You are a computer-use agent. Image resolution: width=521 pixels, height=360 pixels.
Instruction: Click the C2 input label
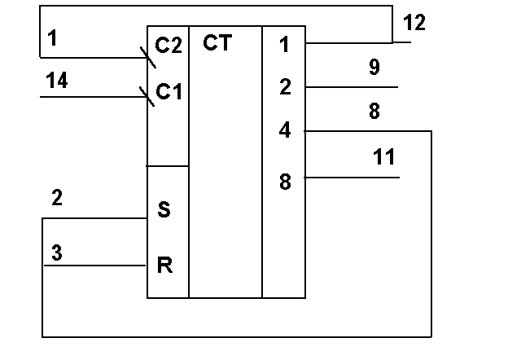click(x=169, y=46)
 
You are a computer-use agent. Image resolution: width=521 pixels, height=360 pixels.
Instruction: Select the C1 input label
click(x=169, y=91)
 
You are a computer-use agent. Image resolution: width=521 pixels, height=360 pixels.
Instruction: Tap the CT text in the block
click(x=217, y=42)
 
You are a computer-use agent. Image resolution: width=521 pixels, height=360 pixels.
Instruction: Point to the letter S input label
click(x=164, y=209)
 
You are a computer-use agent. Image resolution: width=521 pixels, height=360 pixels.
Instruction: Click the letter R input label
click(x=164, y=266)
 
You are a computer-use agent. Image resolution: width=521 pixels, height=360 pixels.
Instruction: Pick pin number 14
click(x=57, y=80)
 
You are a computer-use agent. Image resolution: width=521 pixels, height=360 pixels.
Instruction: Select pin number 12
click(x=414, y=23)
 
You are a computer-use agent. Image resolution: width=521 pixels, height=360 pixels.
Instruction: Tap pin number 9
click(x=374, y=67)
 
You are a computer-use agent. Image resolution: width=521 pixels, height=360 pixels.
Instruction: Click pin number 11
click(x=384, y=156)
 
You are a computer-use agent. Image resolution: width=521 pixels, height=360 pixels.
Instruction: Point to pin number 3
click(x=57, y=252)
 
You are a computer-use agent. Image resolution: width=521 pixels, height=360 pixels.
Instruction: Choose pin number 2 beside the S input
click(x=57, y=197)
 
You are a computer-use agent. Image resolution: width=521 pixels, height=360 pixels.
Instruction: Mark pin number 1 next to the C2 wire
click(x=52, y=37)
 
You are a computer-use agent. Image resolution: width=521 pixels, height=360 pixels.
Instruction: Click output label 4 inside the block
click(x=285, y=130)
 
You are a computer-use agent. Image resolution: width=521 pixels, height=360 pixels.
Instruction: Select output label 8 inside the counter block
click(x=285, y=182)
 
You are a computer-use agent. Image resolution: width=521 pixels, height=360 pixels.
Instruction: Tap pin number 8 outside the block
click(x=374, y=111)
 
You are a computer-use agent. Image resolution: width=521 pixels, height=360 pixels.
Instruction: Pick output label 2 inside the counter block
click(x=286, y=87)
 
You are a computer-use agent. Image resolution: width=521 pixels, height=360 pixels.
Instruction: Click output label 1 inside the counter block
click(x=284, y=45)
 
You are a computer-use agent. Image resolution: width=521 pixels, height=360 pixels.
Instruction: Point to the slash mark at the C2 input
click(x=148, y=58)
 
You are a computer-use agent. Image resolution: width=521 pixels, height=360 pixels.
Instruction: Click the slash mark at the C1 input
click(x=147, y=96)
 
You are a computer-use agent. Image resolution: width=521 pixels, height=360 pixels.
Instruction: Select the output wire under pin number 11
click(x=352, y=178)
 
